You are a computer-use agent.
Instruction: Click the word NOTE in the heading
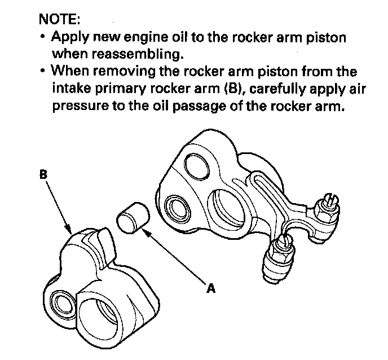(x=59, y=19)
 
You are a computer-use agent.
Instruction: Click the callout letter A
(x=211, y=288)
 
